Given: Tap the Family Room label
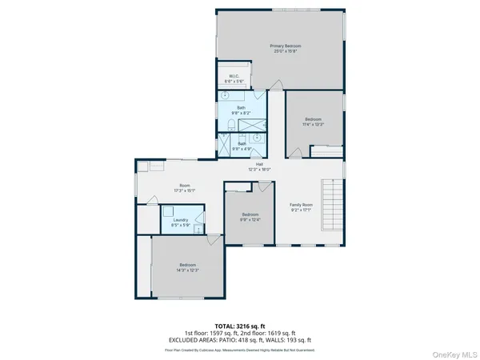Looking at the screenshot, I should (x=301, y=205).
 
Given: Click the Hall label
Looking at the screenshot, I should (x=260, y=164).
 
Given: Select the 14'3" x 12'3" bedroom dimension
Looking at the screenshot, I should (x=188, y=270).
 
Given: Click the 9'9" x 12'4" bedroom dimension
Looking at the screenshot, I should (x=250, y=218).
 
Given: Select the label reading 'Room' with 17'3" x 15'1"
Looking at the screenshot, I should (x=184, y=186).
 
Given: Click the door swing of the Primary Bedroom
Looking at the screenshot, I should (x=277, y=83).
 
